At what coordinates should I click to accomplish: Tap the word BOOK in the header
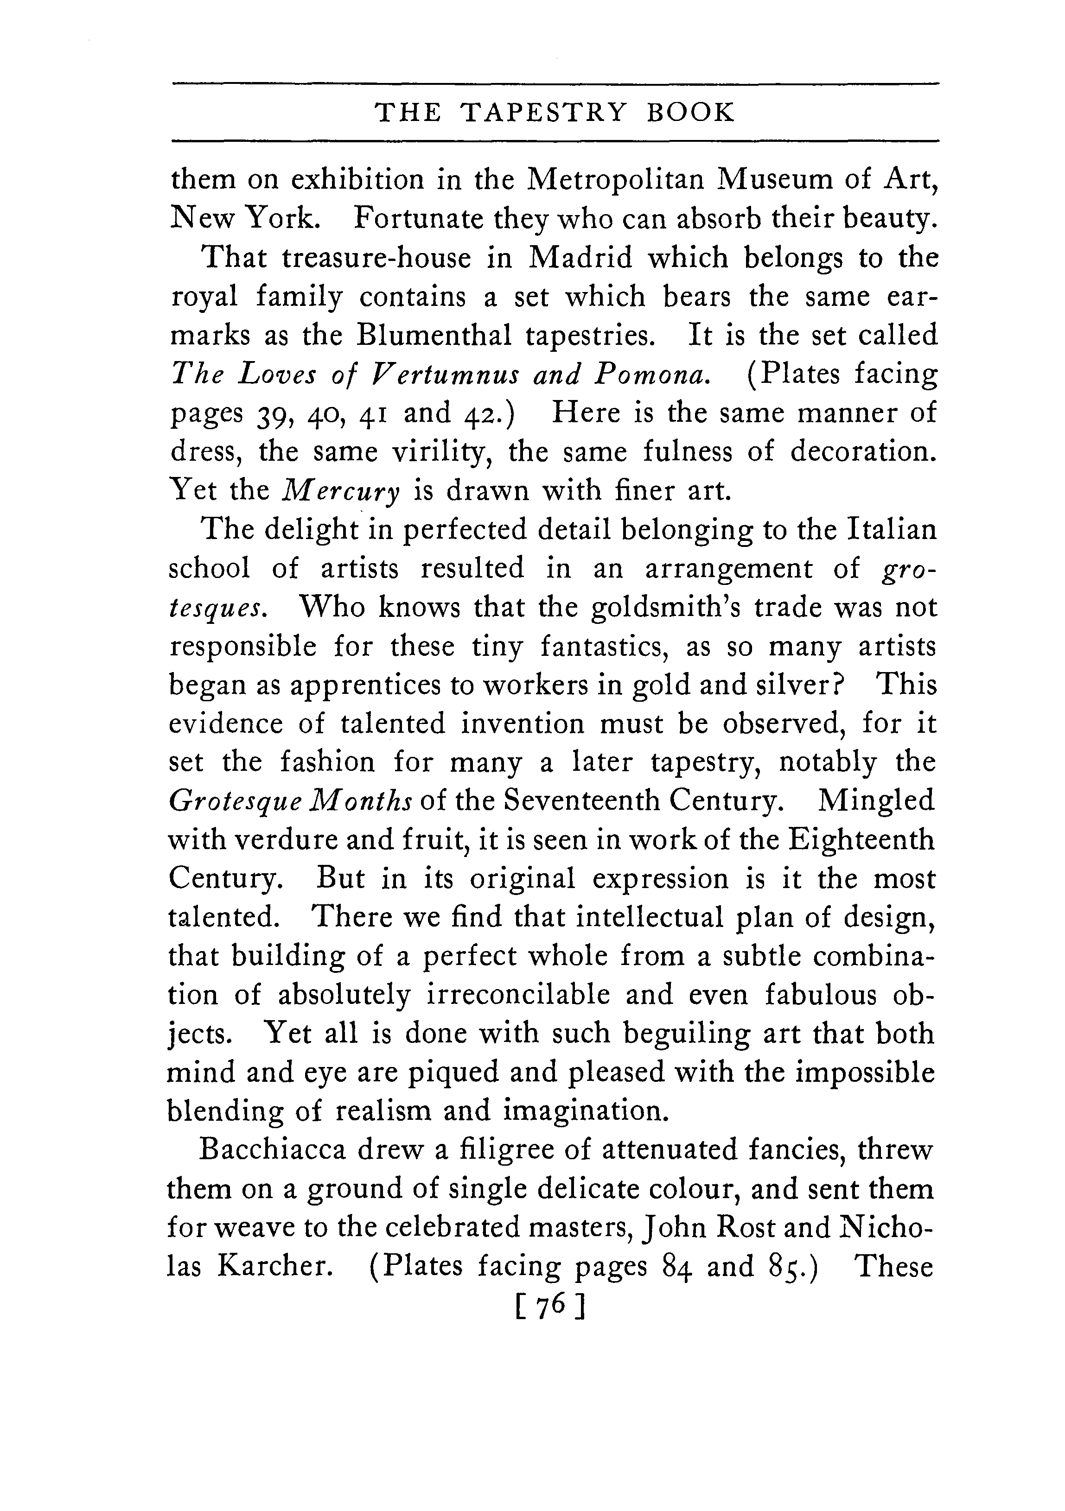click(x=690, y=113)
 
